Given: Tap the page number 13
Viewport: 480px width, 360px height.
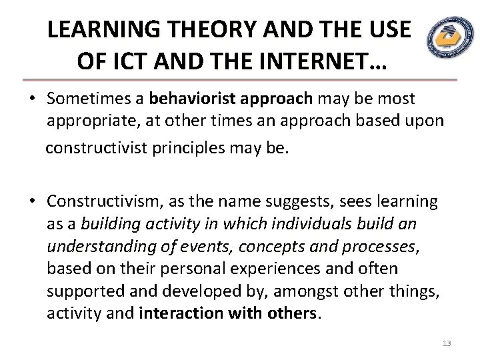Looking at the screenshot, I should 447,343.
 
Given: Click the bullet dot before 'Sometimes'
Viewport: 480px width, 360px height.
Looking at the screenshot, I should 31,99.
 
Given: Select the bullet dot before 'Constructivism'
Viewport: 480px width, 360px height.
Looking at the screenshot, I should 31,201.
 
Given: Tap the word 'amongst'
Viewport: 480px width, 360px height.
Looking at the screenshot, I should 316,291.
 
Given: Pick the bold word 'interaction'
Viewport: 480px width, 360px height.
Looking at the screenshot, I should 179,314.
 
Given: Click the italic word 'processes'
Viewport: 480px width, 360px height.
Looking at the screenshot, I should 377,247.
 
